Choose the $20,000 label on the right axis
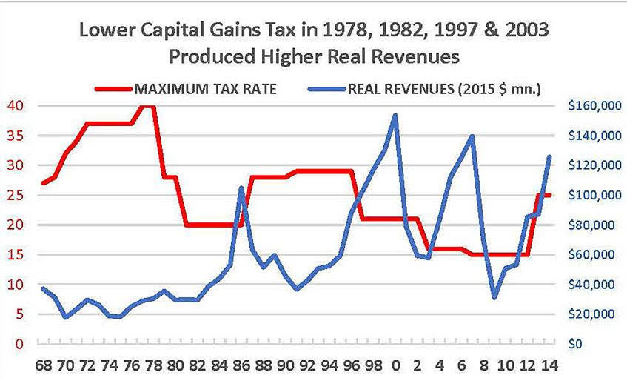594,314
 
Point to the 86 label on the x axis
242,366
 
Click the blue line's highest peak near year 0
395,116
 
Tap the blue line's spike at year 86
241,188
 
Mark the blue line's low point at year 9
494,297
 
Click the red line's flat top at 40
147,106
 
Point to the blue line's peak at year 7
472,136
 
